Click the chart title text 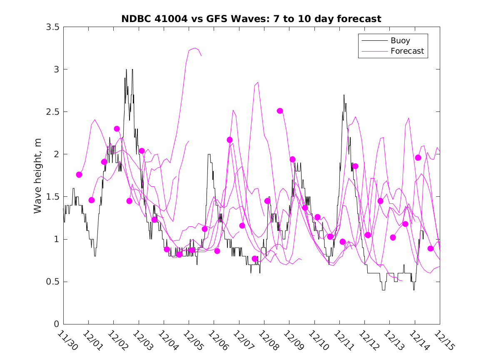click(x=251, y=19)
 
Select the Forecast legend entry click(x=407, y=51)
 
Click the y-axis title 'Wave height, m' click(x=38, y=175)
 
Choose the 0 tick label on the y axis click(x=56, y=324)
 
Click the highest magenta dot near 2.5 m click(x=280, y=111)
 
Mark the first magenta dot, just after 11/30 click(x=79, y=175)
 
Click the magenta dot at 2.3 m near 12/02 click(x=117, y=129)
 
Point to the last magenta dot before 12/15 click(x=431, y=248)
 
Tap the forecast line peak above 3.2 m click(x=195, y=48)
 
